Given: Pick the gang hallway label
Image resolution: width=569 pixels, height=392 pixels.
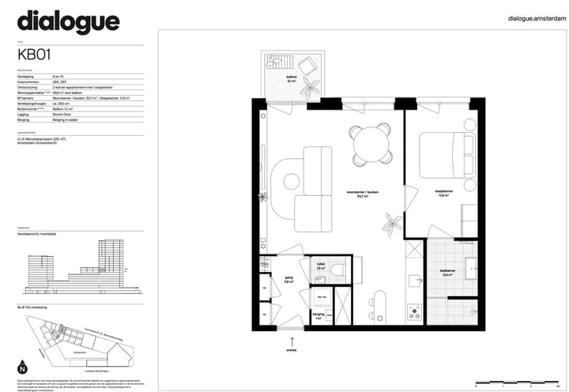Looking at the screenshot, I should coord(289,279).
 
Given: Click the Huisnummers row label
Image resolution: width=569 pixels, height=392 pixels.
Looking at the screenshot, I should coord(30,81).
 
